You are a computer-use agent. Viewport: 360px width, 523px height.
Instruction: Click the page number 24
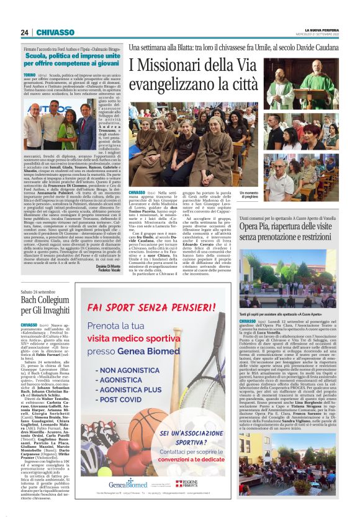pyautogui.click(x=25, y=32)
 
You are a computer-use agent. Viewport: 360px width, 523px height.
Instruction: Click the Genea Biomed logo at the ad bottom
pyautogui.click(x=127, y=483)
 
